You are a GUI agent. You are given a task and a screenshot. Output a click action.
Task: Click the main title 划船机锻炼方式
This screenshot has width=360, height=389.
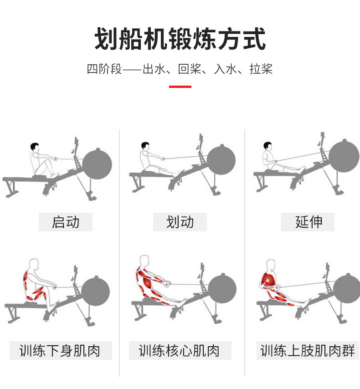point(180,39)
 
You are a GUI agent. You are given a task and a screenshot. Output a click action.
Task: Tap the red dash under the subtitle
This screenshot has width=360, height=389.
point(180,87)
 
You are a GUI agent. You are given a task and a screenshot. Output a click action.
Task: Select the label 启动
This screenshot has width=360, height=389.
point(66,222)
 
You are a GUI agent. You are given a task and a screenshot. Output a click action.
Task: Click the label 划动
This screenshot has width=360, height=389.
point(180,222)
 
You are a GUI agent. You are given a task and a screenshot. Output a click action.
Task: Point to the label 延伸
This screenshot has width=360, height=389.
point(309,222)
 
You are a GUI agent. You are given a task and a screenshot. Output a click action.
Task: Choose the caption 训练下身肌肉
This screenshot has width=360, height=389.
point(60,351)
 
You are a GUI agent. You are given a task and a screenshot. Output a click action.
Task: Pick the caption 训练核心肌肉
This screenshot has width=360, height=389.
point(179,351)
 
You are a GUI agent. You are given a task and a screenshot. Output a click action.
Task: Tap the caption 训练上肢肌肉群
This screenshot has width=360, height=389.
point(308,351)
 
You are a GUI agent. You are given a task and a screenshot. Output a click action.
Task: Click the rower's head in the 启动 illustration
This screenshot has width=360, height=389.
point(35,147)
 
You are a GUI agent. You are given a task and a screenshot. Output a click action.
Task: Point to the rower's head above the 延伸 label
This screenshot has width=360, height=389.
point(267,146)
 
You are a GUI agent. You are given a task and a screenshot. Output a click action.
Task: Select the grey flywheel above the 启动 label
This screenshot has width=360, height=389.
point(97,164)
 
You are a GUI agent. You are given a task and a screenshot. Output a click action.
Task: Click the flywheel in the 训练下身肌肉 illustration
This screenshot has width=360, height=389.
point(96,291)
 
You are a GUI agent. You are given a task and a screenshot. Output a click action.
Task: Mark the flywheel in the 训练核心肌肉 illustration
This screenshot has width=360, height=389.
point(222,289)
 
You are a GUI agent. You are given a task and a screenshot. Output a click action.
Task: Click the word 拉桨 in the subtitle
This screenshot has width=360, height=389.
point(261,69)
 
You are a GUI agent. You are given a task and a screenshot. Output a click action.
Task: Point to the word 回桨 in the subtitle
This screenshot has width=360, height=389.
point(190,69)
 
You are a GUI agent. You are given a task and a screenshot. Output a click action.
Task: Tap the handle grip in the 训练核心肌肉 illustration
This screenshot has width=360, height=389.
point(167,283)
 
